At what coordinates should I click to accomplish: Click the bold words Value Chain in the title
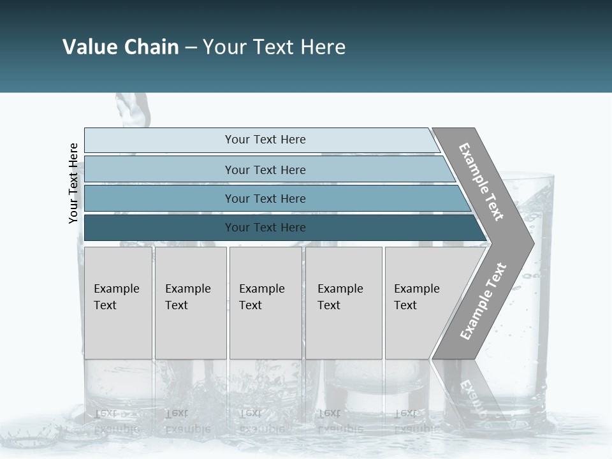[x=120, y=47]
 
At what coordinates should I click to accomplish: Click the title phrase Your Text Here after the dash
[x=274, y=47]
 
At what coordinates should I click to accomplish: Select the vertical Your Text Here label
[x=73, y=183]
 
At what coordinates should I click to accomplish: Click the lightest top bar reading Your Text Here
[x=265, y=140]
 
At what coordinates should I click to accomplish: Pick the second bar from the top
[x=265, y=170]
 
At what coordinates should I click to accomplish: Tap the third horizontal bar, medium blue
[x=265, y=198]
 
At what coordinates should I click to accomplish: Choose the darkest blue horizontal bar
[x=265, y=228]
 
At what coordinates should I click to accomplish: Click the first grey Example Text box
[x=118, y=303]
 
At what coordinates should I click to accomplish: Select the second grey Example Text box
[x=190, y=303]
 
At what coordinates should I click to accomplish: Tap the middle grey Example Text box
[x=265, y=303]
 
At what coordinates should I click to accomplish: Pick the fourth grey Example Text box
[x=343, y=303]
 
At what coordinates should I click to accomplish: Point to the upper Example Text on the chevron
[x=481, y=182]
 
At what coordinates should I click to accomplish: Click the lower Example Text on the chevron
[x=483, y=301]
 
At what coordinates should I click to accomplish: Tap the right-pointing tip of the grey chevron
[x=530, y=243]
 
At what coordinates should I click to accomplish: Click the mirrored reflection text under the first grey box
[x=117, y=421]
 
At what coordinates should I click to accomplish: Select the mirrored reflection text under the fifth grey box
[x=416, y=421]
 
